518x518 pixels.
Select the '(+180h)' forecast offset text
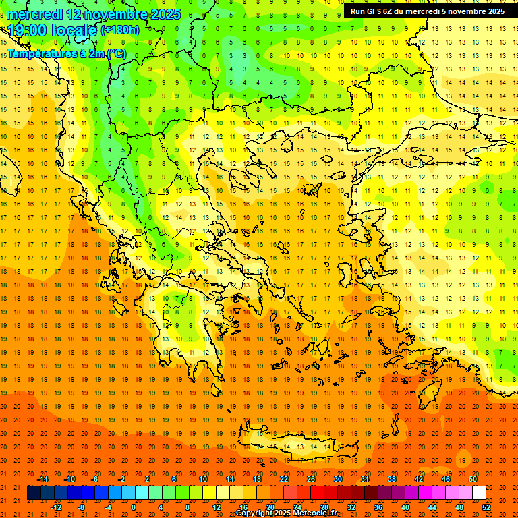click(x=120, y=30)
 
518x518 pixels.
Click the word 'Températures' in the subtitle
click(x=41, y=53)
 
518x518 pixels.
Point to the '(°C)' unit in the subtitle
click(x=115, y=53)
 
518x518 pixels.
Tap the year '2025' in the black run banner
click(x=492, y=11)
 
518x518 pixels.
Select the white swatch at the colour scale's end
click(x=479, y=493)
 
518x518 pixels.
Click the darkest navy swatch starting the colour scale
click(x=34, y=493)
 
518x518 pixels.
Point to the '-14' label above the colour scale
click(x=42, y=479)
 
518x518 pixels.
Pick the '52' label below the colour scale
click(x=487, y=507)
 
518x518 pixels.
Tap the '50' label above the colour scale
click(x=473, y=479)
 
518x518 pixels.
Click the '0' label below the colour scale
click(x=134, y=507)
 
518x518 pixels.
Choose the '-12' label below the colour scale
click(x=56, y=507)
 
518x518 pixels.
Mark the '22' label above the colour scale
click(x=284, y=479)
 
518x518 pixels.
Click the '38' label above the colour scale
click(x=392, y=479)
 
